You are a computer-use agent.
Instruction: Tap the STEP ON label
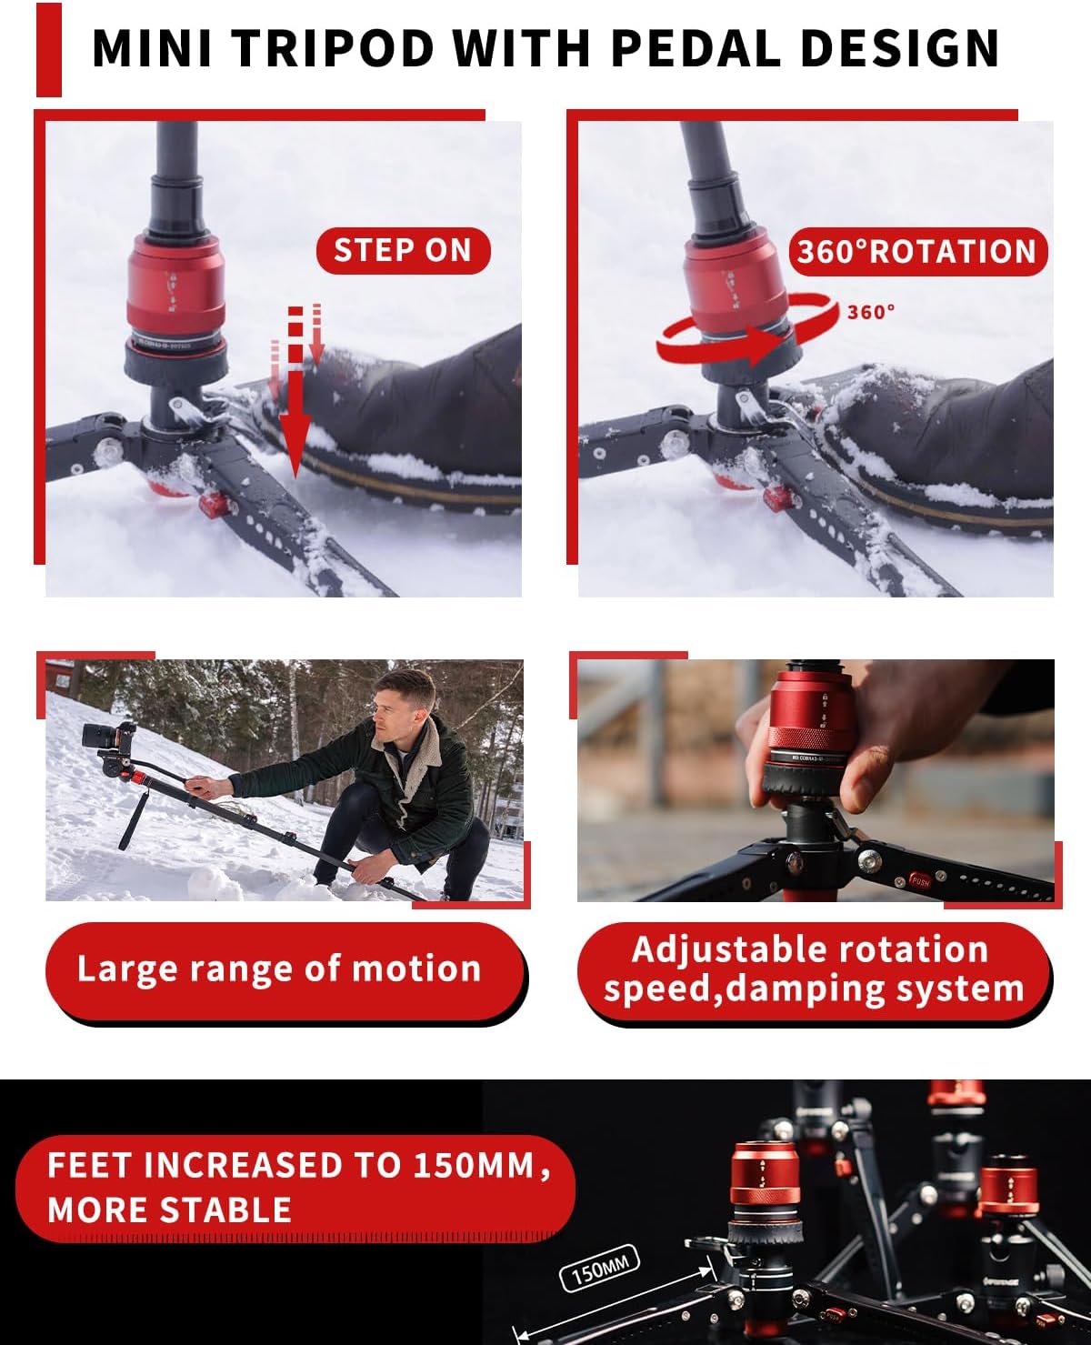[x=403, y=251]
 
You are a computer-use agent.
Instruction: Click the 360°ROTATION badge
[x=916, y=252]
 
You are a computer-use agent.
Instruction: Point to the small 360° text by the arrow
[x=870, y=312]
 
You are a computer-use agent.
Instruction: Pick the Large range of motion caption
[x=279, y=969]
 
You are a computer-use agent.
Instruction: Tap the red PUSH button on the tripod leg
[x=920, y=880]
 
